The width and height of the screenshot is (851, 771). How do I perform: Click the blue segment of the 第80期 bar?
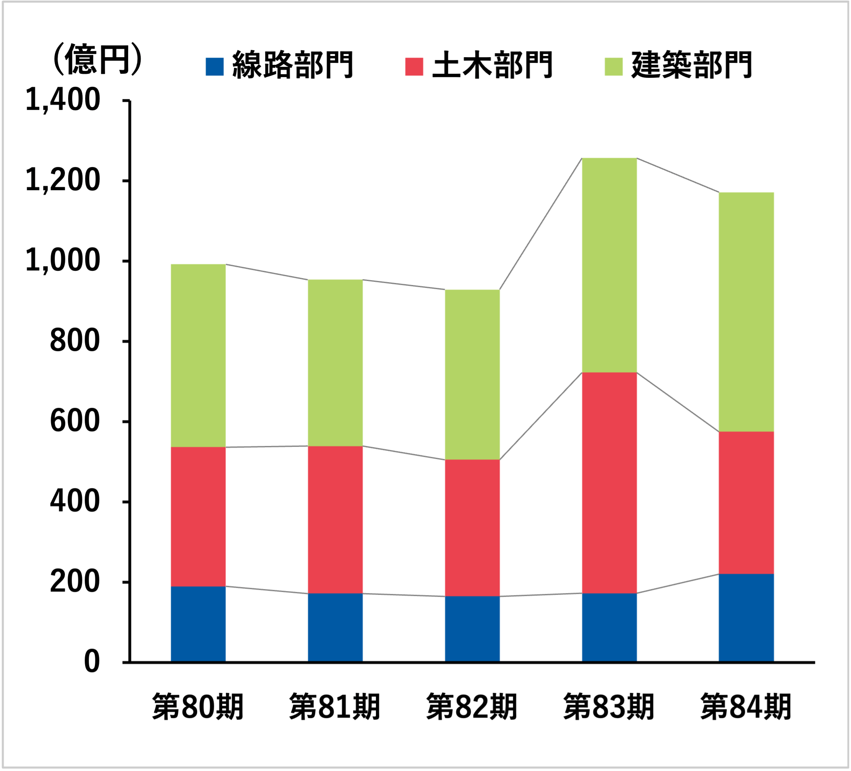tap(198, 624)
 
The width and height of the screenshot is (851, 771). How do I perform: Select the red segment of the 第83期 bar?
tap(609, 482)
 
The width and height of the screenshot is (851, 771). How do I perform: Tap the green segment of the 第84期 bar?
tap(746, 312)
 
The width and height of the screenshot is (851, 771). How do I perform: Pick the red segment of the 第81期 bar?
tap(335, 520)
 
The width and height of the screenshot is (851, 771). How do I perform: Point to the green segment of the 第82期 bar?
tap(472, 374)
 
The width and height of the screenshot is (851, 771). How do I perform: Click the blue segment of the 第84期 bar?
tap(746, 617)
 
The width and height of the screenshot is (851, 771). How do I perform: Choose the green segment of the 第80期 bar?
tap(198, 356)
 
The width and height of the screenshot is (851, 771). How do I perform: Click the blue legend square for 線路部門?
tap(214, 66)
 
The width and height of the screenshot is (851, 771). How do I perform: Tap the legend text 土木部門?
tap(492, 65)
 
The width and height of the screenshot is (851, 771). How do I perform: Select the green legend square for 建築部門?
tap(613, 66)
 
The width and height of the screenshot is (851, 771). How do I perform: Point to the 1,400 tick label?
tap(63, 101)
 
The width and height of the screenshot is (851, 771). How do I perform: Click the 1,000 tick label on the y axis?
tap(63, 261)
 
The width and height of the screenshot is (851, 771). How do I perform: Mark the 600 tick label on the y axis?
tap(75, 421)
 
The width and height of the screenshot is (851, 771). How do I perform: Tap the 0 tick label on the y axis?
tap(92, 662)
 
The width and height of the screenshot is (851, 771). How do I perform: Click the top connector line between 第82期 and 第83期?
tap(541, 224)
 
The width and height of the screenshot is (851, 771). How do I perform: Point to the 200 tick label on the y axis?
tap(75, 582)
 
